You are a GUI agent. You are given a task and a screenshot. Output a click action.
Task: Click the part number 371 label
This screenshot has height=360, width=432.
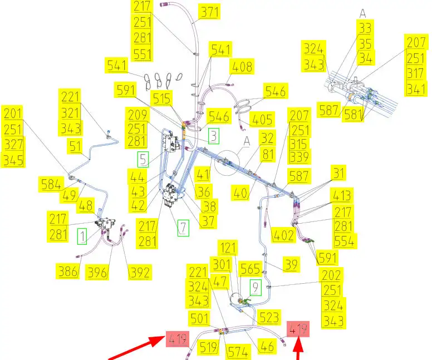pyautogui.click(x=210, y=12)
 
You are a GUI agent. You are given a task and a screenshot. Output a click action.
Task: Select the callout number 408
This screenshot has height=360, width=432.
pyautogui.click(x=242, y=67)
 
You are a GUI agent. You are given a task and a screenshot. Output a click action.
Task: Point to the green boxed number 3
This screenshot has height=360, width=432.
pyautogui.click(x=214, y=136)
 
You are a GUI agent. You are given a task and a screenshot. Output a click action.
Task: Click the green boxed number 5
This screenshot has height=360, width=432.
pyautogui.click(x=144, y=159)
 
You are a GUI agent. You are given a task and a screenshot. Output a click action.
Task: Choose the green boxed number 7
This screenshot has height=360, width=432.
pyautogui.click(x=183, y=227)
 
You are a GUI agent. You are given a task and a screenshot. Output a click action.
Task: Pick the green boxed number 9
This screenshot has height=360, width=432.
pyautogui.click(x=255, y=288)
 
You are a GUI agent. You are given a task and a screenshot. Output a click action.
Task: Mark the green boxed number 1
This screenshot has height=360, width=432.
pyautogui.click(x=82, y=237)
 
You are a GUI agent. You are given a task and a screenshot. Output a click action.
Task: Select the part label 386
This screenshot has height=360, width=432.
pyautogui.click(x=66, y=272)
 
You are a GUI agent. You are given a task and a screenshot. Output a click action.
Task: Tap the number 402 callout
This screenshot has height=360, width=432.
pyautogui.click(x=282, y=235)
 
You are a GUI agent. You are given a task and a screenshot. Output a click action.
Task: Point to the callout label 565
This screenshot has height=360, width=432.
pyautogui.click(x=250, y=269)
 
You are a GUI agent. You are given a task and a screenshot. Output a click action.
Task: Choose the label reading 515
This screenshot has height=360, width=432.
pyautogui.click(x=163, y=99)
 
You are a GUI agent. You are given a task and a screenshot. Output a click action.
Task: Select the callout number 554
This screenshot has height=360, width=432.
pyautogui.click(x=345, y=241)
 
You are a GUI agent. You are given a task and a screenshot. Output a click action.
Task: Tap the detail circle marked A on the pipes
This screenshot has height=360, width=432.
pyautogui.click(x=233, y=162)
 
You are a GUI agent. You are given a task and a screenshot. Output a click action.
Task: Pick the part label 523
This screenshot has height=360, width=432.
pyautogui.click(x=269, y=317)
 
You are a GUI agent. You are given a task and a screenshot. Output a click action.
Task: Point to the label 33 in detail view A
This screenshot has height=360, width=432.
pyautogui.click(x=365, y=28)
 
